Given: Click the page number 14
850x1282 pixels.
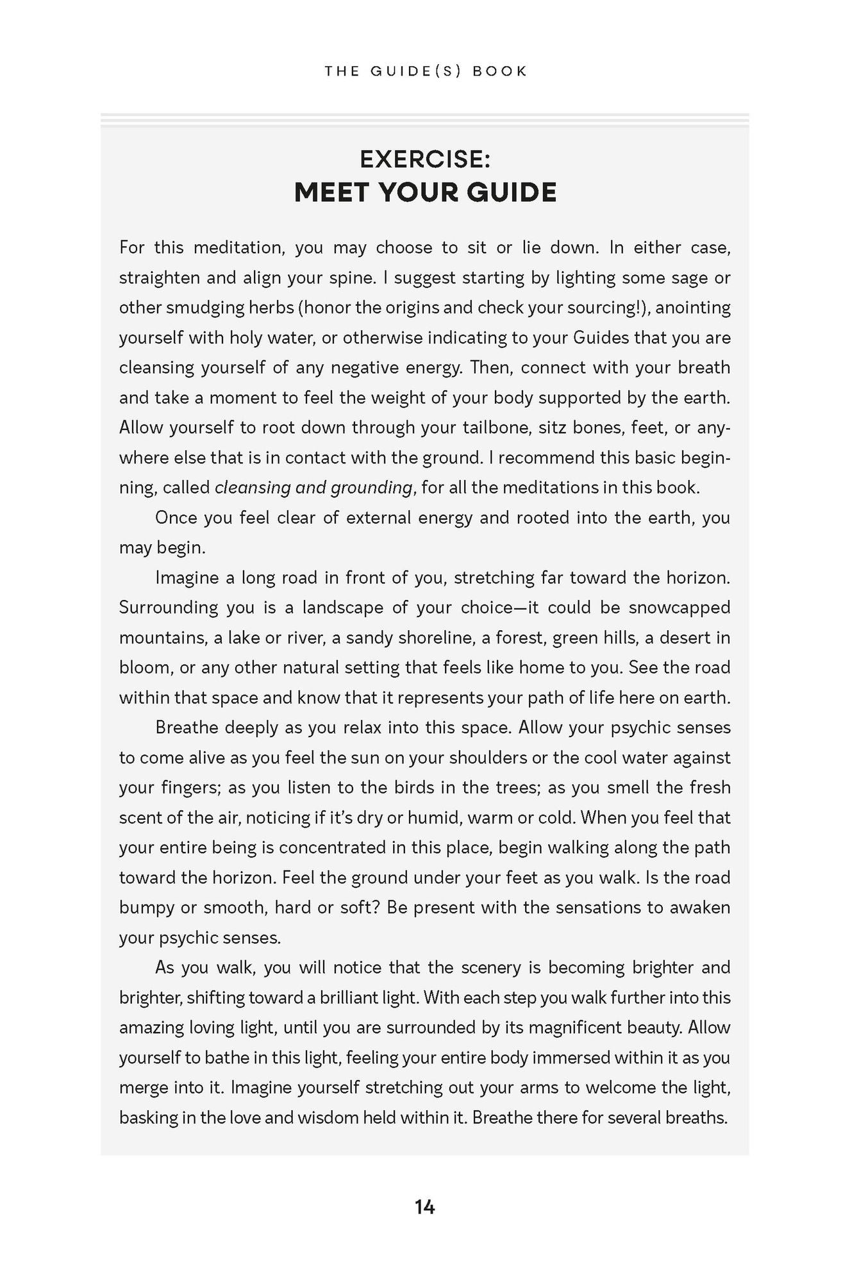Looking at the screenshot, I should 424,1207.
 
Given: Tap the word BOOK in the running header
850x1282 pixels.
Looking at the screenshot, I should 499,71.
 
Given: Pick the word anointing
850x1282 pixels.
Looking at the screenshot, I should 694,308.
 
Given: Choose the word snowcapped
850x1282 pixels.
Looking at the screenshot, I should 679,608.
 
